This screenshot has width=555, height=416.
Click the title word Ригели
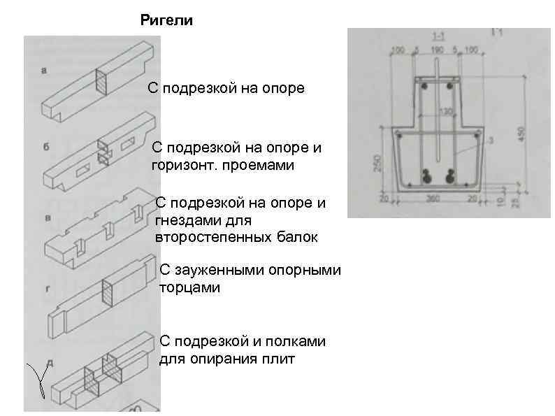(x=166, y=21)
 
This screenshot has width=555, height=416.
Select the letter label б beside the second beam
(x=45, y=147)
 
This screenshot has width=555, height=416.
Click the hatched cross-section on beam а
(x=101, y=82)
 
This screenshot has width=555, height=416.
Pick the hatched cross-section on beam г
(x=108, y=292)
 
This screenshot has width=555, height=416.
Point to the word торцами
(x=189, y=288)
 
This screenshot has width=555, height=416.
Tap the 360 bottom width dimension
(x=433, y=199)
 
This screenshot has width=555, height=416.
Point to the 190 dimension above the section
(x=437, y=51)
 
